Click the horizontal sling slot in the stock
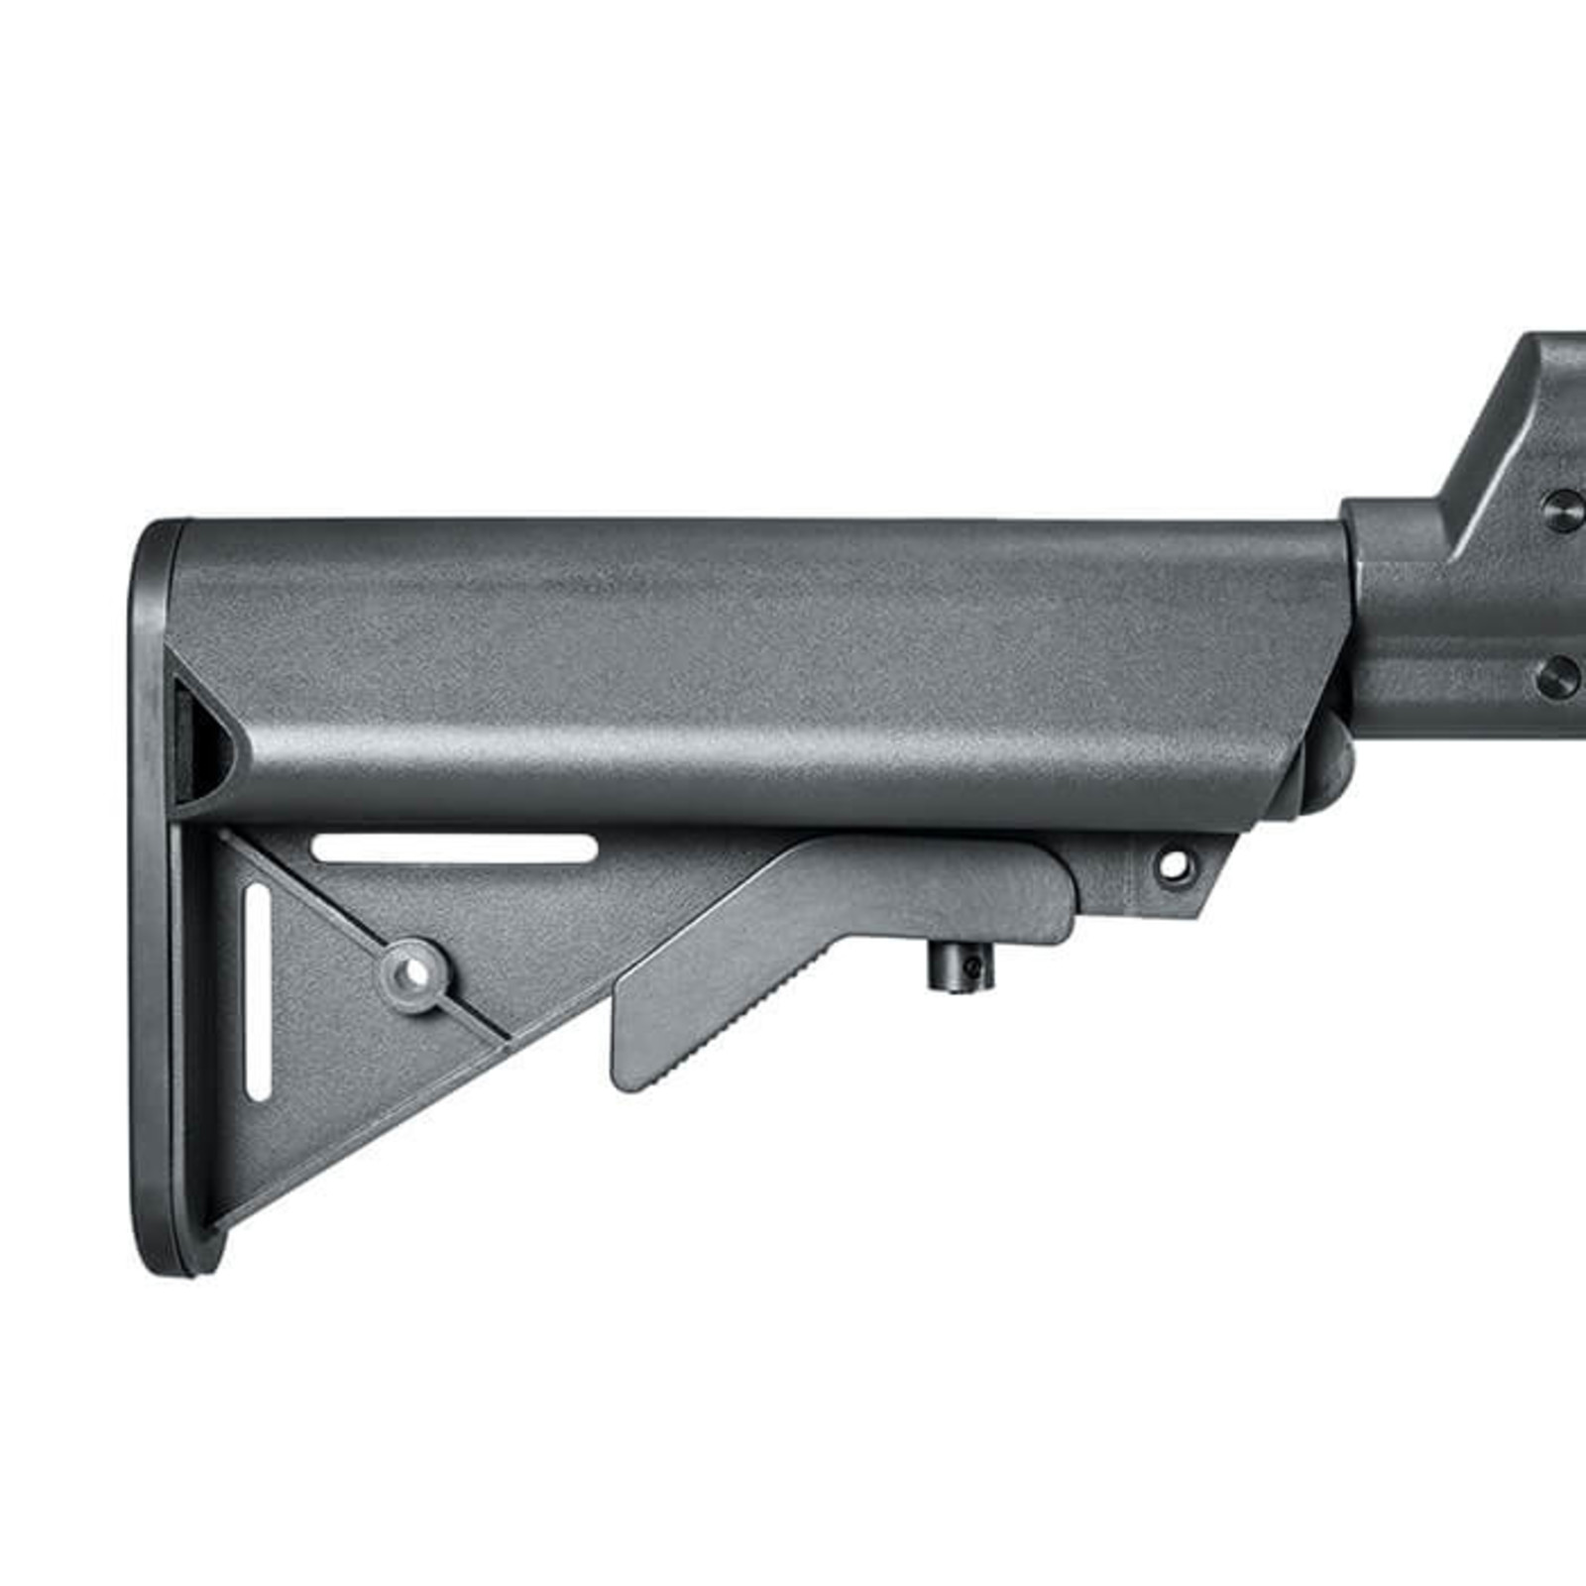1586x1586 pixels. click(455, 849)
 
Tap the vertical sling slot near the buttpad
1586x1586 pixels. click(257, 991)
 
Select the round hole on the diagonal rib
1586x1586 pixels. click(416, 973)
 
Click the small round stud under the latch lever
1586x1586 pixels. click(959, 965)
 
